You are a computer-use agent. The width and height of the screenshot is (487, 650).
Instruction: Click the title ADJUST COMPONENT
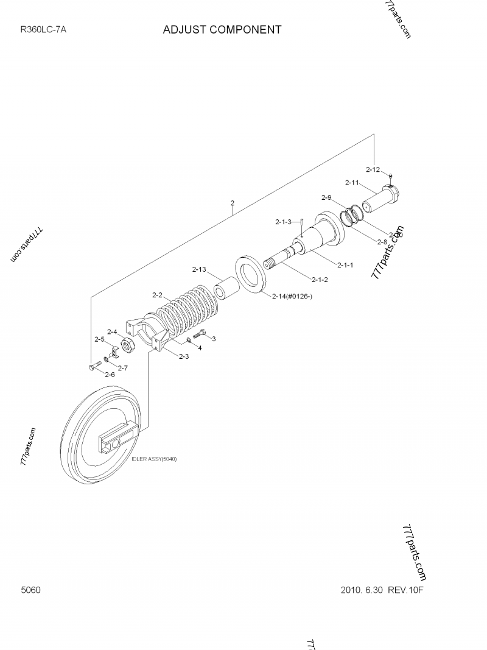pyautogui.click(x=222, y=29)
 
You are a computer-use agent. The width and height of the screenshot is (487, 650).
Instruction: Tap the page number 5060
pyautogui.click(x=30, y=590)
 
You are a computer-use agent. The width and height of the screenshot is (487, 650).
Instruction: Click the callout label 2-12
pyautogui.click(x=373, y=169)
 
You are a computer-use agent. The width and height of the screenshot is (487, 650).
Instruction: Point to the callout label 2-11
pyautogui.click(x=352, y=182)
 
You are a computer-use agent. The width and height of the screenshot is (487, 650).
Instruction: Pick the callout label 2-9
pyautogui.click(x=326, y=197)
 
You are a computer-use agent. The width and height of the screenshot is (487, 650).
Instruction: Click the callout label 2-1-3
pyautogui.click(x=283, y=222)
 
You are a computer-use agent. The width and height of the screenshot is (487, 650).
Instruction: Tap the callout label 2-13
pyautogui.click(x=199, y=269)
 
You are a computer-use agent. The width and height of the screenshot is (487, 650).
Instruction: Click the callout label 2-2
pyautogui.click(x=157, y=295)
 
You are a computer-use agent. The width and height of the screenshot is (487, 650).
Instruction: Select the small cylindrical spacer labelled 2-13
pyautogui.click(x=223, y=289)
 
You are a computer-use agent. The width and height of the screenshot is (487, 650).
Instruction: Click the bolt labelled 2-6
pyautogui.click(x=95, y=366)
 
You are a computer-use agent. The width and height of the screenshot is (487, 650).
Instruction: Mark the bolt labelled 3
pyautogui.click(x=199, y=335)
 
